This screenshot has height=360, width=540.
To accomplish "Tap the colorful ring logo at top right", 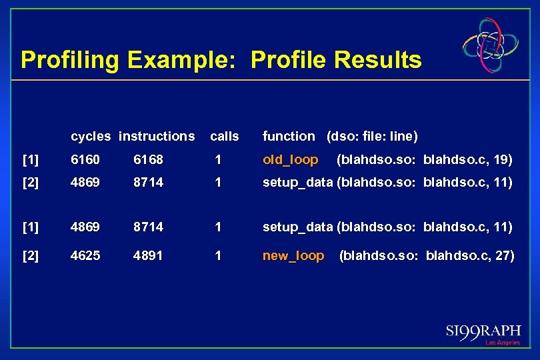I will [491, 45].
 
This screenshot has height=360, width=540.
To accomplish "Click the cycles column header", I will [91, 136].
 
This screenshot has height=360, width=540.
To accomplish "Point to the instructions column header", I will [157, 136].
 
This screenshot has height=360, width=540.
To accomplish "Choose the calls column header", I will [224, 136].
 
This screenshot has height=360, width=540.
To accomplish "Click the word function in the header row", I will [289, 136].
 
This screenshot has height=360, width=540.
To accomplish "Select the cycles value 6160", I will [85, 160].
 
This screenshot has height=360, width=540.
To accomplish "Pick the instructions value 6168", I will [148, 160].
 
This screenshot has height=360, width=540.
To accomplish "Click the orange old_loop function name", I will [291, 160].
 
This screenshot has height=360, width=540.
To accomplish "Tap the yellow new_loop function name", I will [293, 256].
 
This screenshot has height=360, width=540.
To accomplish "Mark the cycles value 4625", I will [85, 256].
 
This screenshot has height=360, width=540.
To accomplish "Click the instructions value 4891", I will [148, 256].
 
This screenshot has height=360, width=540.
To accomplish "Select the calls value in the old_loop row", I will [217, 160].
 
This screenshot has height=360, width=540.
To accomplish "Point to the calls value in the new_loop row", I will [217, 256].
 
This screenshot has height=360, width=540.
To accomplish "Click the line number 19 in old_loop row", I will [500, 160].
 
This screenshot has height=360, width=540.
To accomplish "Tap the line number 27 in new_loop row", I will [502, 256].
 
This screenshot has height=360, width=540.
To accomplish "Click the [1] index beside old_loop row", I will [31, 160].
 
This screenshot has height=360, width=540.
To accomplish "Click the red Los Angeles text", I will [502, 343].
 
